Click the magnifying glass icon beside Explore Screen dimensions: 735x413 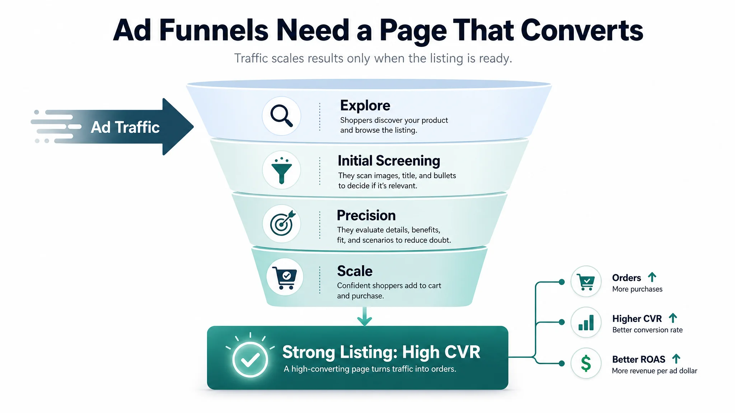281,115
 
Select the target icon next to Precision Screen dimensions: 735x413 282,223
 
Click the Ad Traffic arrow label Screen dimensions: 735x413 125,127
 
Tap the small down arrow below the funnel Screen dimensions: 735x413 365,316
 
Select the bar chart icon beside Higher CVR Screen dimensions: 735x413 586,322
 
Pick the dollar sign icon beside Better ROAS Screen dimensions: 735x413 586,363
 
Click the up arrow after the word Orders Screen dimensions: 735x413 652,277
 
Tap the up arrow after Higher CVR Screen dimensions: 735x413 673,318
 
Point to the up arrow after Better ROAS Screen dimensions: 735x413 676,359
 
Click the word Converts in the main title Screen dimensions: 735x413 582,30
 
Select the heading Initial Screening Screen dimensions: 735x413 389,161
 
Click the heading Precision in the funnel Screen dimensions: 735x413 366,215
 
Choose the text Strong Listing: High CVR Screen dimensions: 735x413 381,352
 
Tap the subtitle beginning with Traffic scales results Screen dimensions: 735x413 373,58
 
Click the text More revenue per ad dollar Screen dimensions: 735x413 654,371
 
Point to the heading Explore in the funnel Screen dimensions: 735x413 365,106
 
